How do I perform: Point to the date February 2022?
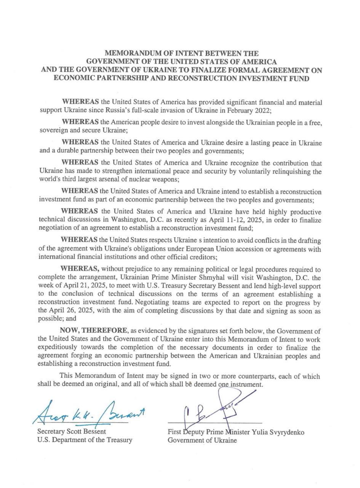246,111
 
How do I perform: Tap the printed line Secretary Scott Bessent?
72,432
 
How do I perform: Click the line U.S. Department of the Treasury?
85,440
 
